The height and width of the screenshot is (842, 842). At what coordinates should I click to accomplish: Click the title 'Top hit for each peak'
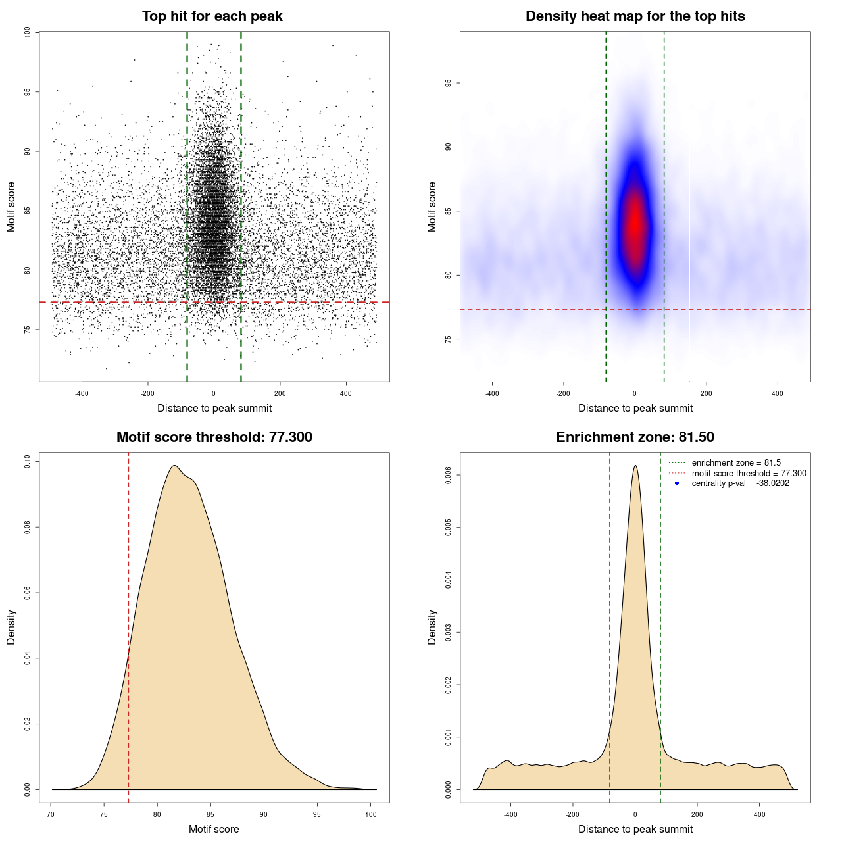tap(212, 16)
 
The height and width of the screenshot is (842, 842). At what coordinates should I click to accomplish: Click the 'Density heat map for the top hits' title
tap(635, 16)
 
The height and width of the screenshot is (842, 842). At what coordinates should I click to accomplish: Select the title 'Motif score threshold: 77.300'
tap(214, 437)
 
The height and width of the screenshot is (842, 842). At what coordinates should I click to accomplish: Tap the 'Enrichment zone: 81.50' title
tap(635, 437)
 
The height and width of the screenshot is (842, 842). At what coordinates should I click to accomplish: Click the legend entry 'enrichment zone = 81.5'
tap(736, 463)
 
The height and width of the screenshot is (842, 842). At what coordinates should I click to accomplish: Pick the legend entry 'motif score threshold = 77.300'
tap(749, 474)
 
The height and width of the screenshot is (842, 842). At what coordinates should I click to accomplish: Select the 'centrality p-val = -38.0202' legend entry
tap(740, 483)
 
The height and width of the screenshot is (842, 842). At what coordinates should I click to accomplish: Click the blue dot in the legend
tap(677, 483)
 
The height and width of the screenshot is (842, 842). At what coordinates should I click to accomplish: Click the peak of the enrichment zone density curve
tap(635, 466)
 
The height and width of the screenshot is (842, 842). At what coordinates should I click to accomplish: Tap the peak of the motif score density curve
tap(174, 466)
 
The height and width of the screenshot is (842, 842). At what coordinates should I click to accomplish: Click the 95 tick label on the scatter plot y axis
tap(27, 92)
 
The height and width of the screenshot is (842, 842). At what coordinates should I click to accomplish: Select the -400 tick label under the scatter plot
tap(82, 394)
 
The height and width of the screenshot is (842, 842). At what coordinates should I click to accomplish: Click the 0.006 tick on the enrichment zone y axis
tap(448, 475)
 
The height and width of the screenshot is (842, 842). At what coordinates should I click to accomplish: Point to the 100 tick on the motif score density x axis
tap(371, 814)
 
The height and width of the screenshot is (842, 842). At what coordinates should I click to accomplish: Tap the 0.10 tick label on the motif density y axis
tap(27, 462)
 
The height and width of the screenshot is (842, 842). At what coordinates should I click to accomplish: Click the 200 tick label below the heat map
tap(706, 394)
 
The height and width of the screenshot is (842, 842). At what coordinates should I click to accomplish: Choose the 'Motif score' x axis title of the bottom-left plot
tap(214, 829)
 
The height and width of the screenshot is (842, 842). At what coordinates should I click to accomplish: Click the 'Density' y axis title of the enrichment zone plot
tap(432, 627)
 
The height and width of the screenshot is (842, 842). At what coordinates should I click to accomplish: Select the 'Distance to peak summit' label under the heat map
tap(635, 408)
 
